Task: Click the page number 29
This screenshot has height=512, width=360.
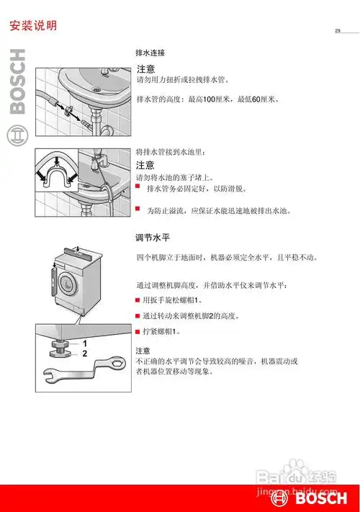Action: click(337, 30)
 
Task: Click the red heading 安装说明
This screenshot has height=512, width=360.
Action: click(33, 26)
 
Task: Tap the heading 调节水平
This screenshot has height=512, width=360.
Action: click(152, 237)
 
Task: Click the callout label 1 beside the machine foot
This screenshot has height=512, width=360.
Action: click(84, 343)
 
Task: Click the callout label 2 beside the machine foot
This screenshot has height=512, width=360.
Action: click(84, 354)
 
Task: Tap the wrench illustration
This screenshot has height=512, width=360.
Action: click(79, 374)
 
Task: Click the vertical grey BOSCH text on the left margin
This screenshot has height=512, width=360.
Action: click(17, 83)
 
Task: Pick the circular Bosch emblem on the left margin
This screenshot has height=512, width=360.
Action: click(17, 135)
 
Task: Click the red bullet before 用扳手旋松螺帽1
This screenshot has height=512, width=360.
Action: click(138, 300)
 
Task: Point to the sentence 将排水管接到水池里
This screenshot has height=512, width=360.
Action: click(171, 153)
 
